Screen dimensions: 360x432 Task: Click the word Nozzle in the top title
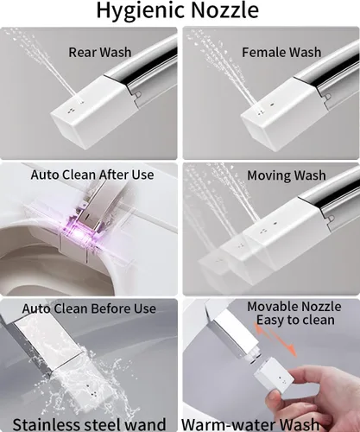(224, 10)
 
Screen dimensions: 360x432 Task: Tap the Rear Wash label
(100, 52)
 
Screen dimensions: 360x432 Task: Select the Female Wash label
(281, 52)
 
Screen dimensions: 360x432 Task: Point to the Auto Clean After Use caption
(92, 175)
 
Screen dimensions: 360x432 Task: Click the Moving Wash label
(287, 175)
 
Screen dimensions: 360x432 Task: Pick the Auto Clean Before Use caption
(89, 308)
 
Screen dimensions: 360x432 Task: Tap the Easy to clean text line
(295, 320)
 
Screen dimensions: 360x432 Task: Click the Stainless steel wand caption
(89, 424)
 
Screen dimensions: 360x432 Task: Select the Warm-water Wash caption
(250, 424)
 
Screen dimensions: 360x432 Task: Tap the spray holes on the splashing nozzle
(94, 393)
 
